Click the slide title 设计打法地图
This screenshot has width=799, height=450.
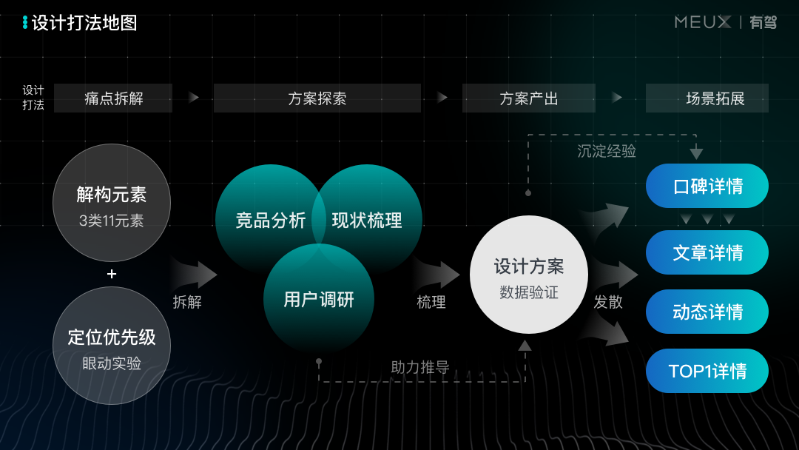(x=84, y=23)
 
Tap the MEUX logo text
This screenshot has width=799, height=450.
(x=702, y=22)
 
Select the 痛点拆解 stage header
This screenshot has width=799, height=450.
(x=113, y=98)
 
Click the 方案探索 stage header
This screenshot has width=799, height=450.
(x=317, y=98)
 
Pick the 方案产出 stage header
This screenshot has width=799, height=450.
(x=528, y=98)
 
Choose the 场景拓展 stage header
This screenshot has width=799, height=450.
(x=707, y=98)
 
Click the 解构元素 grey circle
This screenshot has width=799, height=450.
(x=112, y=203)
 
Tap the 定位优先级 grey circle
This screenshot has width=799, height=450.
(x=112, y=346)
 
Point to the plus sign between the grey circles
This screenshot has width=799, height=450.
(x=112, y=274)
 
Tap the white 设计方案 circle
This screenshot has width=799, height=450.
(x=528, y=275)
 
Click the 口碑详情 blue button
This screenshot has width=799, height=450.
(x=707, y=186)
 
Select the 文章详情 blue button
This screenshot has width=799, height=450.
(x=707, y=252)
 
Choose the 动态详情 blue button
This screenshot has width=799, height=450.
(x=707, y=312)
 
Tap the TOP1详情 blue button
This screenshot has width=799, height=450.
(x=707, y=371)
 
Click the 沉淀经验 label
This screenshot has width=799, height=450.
(x=606, y=151)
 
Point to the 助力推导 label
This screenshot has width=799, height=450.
(x=419, y=367)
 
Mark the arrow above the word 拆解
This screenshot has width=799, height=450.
(x=195, y=274)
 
